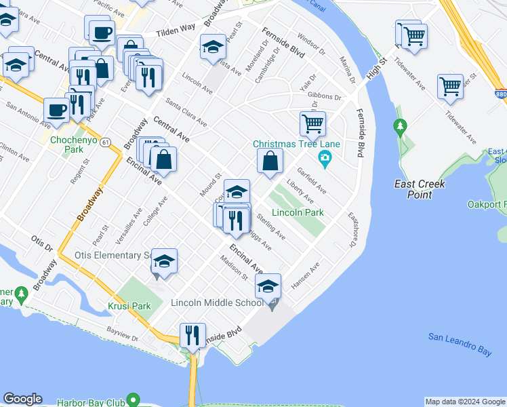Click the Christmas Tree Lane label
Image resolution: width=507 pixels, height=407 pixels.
296,144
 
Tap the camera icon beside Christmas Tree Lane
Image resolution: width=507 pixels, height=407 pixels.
326,159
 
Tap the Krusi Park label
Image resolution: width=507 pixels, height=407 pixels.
132,306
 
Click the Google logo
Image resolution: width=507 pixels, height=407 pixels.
22,399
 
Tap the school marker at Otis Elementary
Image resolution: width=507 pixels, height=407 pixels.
163,261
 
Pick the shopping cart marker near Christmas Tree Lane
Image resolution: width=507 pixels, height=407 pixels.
312,123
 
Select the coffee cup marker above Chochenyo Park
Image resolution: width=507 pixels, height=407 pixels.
57,110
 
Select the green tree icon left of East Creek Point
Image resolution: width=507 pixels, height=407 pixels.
401,125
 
